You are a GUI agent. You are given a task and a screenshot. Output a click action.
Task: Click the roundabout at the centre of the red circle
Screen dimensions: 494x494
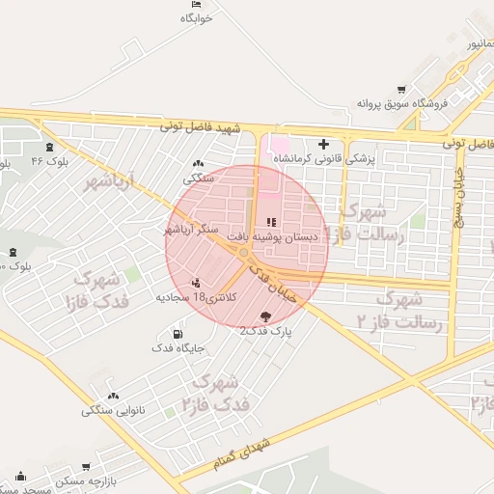(246, 253)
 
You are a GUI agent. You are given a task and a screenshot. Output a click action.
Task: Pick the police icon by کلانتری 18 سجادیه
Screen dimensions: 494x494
(197, 284)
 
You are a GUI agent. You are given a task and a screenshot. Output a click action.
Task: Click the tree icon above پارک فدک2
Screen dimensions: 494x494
(266, 316)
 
